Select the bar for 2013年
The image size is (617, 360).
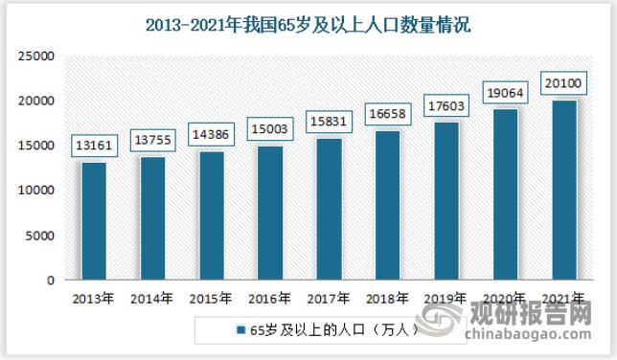click(94, 221)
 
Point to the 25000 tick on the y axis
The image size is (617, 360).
click(35, 56)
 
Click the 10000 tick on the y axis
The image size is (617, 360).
click(35, 191)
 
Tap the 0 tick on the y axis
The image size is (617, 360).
click(49, 281)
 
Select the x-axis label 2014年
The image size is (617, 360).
click(151, 299)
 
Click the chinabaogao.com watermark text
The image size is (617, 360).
click(530, 337)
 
